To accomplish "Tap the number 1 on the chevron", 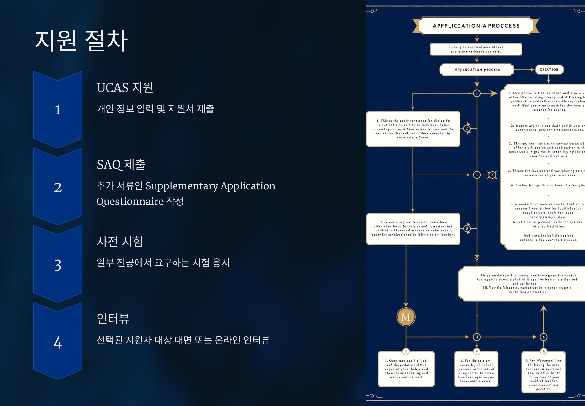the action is [x=58, y=110].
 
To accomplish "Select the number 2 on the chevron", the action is [x=58, y=187].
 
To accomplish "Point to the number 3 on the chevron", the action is [x=58, y=265].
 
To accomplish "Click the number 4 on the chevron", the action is [x=58, y=342].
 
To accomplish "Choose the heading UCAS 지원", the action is [x=125, y=88].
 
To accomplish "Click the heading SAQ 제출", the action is [x=121, y=165].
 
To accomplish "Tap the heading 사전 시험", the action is [x=120, y=242].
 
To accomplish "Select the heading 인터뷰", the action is [x=113, y=319].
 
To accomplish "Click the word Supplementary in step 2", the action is [x=182, y=186].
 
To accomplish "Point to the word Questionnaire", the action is [x=130, y=202].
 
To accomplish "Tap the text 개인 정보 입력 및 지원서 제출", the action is [x=155, y=109].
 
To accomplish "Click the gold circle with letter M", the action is [x=406, y=317].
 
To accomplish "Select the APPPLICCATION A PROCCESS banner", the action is [x=476, y=26].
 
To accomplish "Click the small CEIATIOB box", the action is [x=549, y=69].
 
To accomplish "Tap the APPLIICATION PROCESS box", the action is [x=477, y=70].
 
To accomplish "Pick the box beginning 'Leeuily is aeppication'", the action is [x=476, y=49].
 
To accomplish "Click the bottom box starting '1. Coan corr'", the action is [x=406, y=369].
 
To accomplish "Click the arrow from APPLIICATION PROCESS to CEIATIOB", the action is [x=524, y=70].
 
